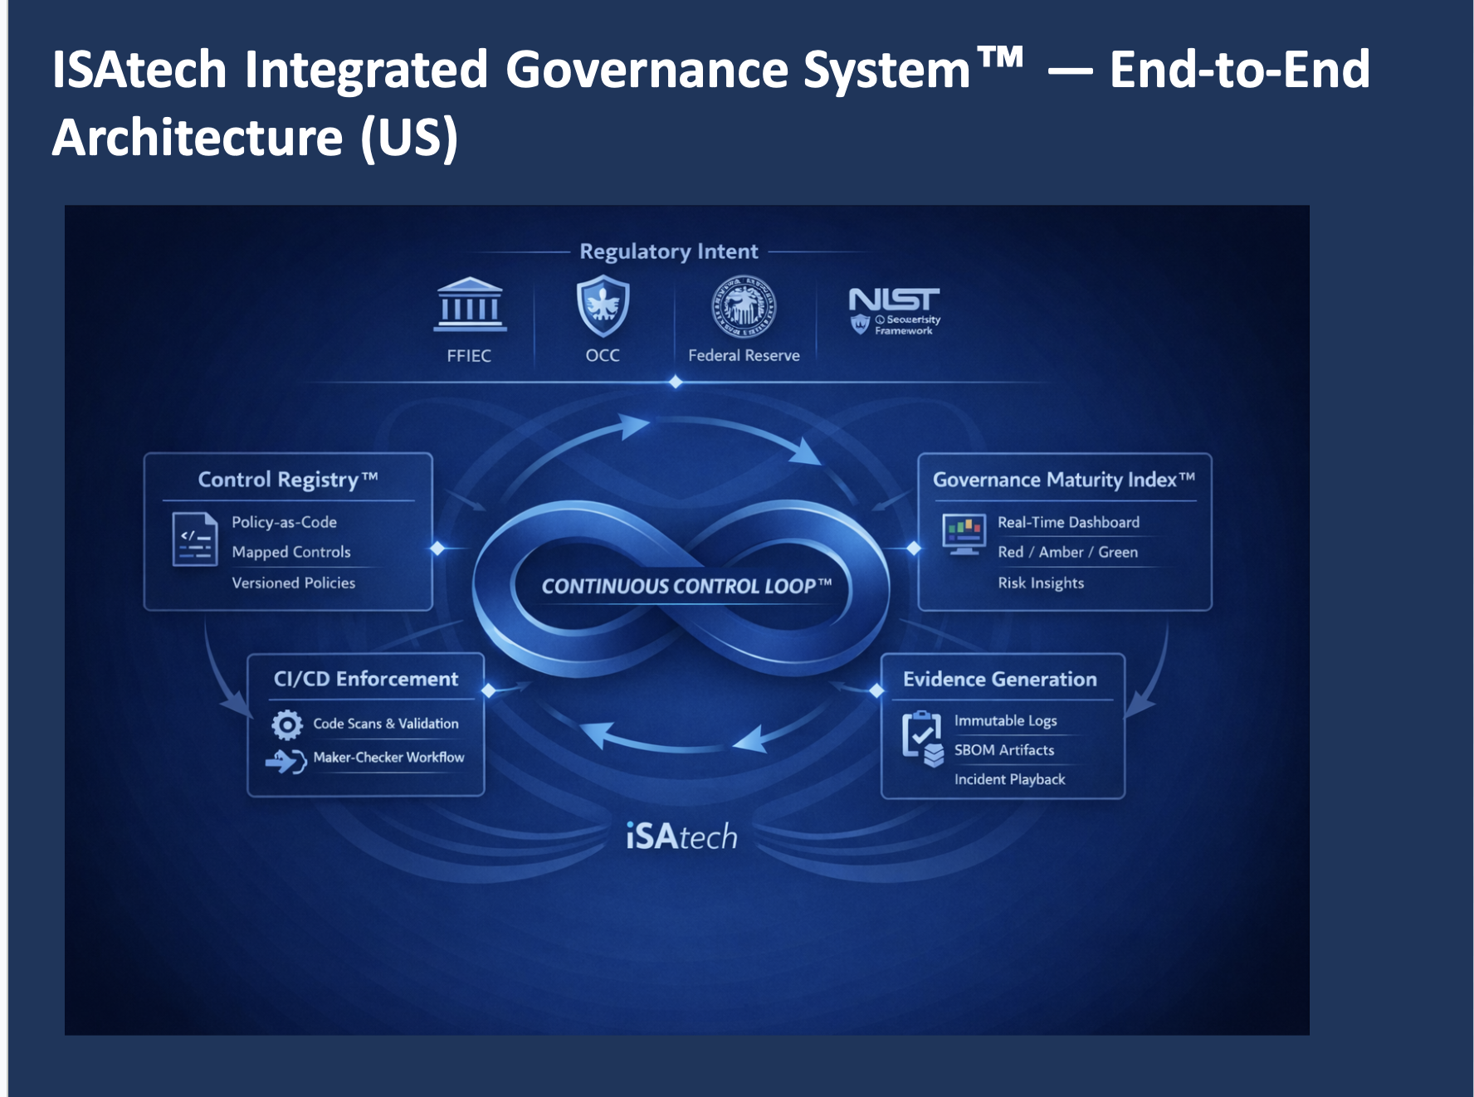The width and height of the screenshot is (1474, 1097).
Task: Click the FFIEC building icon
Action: pos(470,305)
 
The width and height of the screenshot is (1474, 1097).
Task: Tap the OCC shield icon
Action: pos(603,305)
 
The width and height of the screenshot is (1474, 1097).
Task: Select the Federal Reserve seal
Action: pos(744,306)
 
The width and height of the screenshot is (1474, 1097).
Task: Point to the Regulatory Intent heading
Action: pos(668,251)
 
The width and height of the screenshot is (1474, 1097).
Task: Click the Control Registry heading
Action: pos(287,480)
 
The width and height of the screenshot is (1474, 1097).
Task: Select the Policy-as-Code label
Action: pos(284,522)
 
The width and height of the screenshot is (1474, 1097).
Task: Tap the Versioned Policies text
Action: pos(293,583)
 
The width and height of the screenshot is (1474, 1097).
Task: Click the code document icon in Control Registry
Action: pos(194,539)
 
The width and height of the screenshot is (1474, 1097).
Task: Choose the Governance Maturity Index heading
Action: pos(1063,480)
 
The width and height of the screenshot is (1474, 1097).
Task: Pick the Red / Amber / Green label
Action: pos(1067,552)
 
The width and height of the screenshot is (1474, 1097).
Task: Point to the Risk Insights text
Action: pos(1041,583)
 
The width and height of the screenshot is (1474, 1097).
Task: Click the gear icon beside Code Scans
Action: pos(287,724)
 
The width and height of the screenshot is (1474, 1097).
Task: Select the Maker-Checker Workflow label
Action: pos(388,757)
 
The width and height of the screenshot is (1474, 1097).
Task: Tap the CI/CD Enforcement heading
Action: pos(365,679)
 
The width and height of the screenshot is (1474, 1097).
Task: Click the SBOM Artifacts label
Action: pos(1003,750)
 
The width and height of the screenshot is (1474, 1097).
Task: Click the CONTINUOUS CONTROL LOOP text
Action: pos(686,587)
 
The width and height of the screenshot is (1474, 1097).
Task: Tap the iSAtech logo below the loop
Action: pos(681,836)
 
